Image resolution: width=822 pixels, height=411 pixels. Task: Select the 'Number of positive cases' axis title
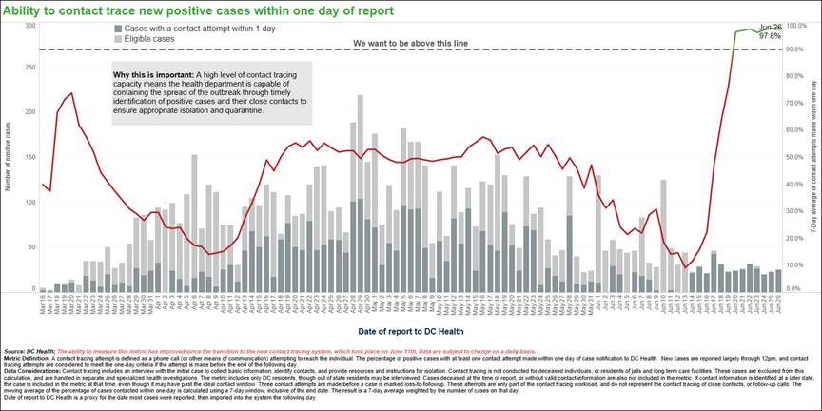pyautogui.click(x=9, y=156)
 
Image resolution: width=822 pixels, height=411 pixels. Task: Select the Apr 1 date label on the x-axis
pyautogui.click(x=159, y=303)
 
